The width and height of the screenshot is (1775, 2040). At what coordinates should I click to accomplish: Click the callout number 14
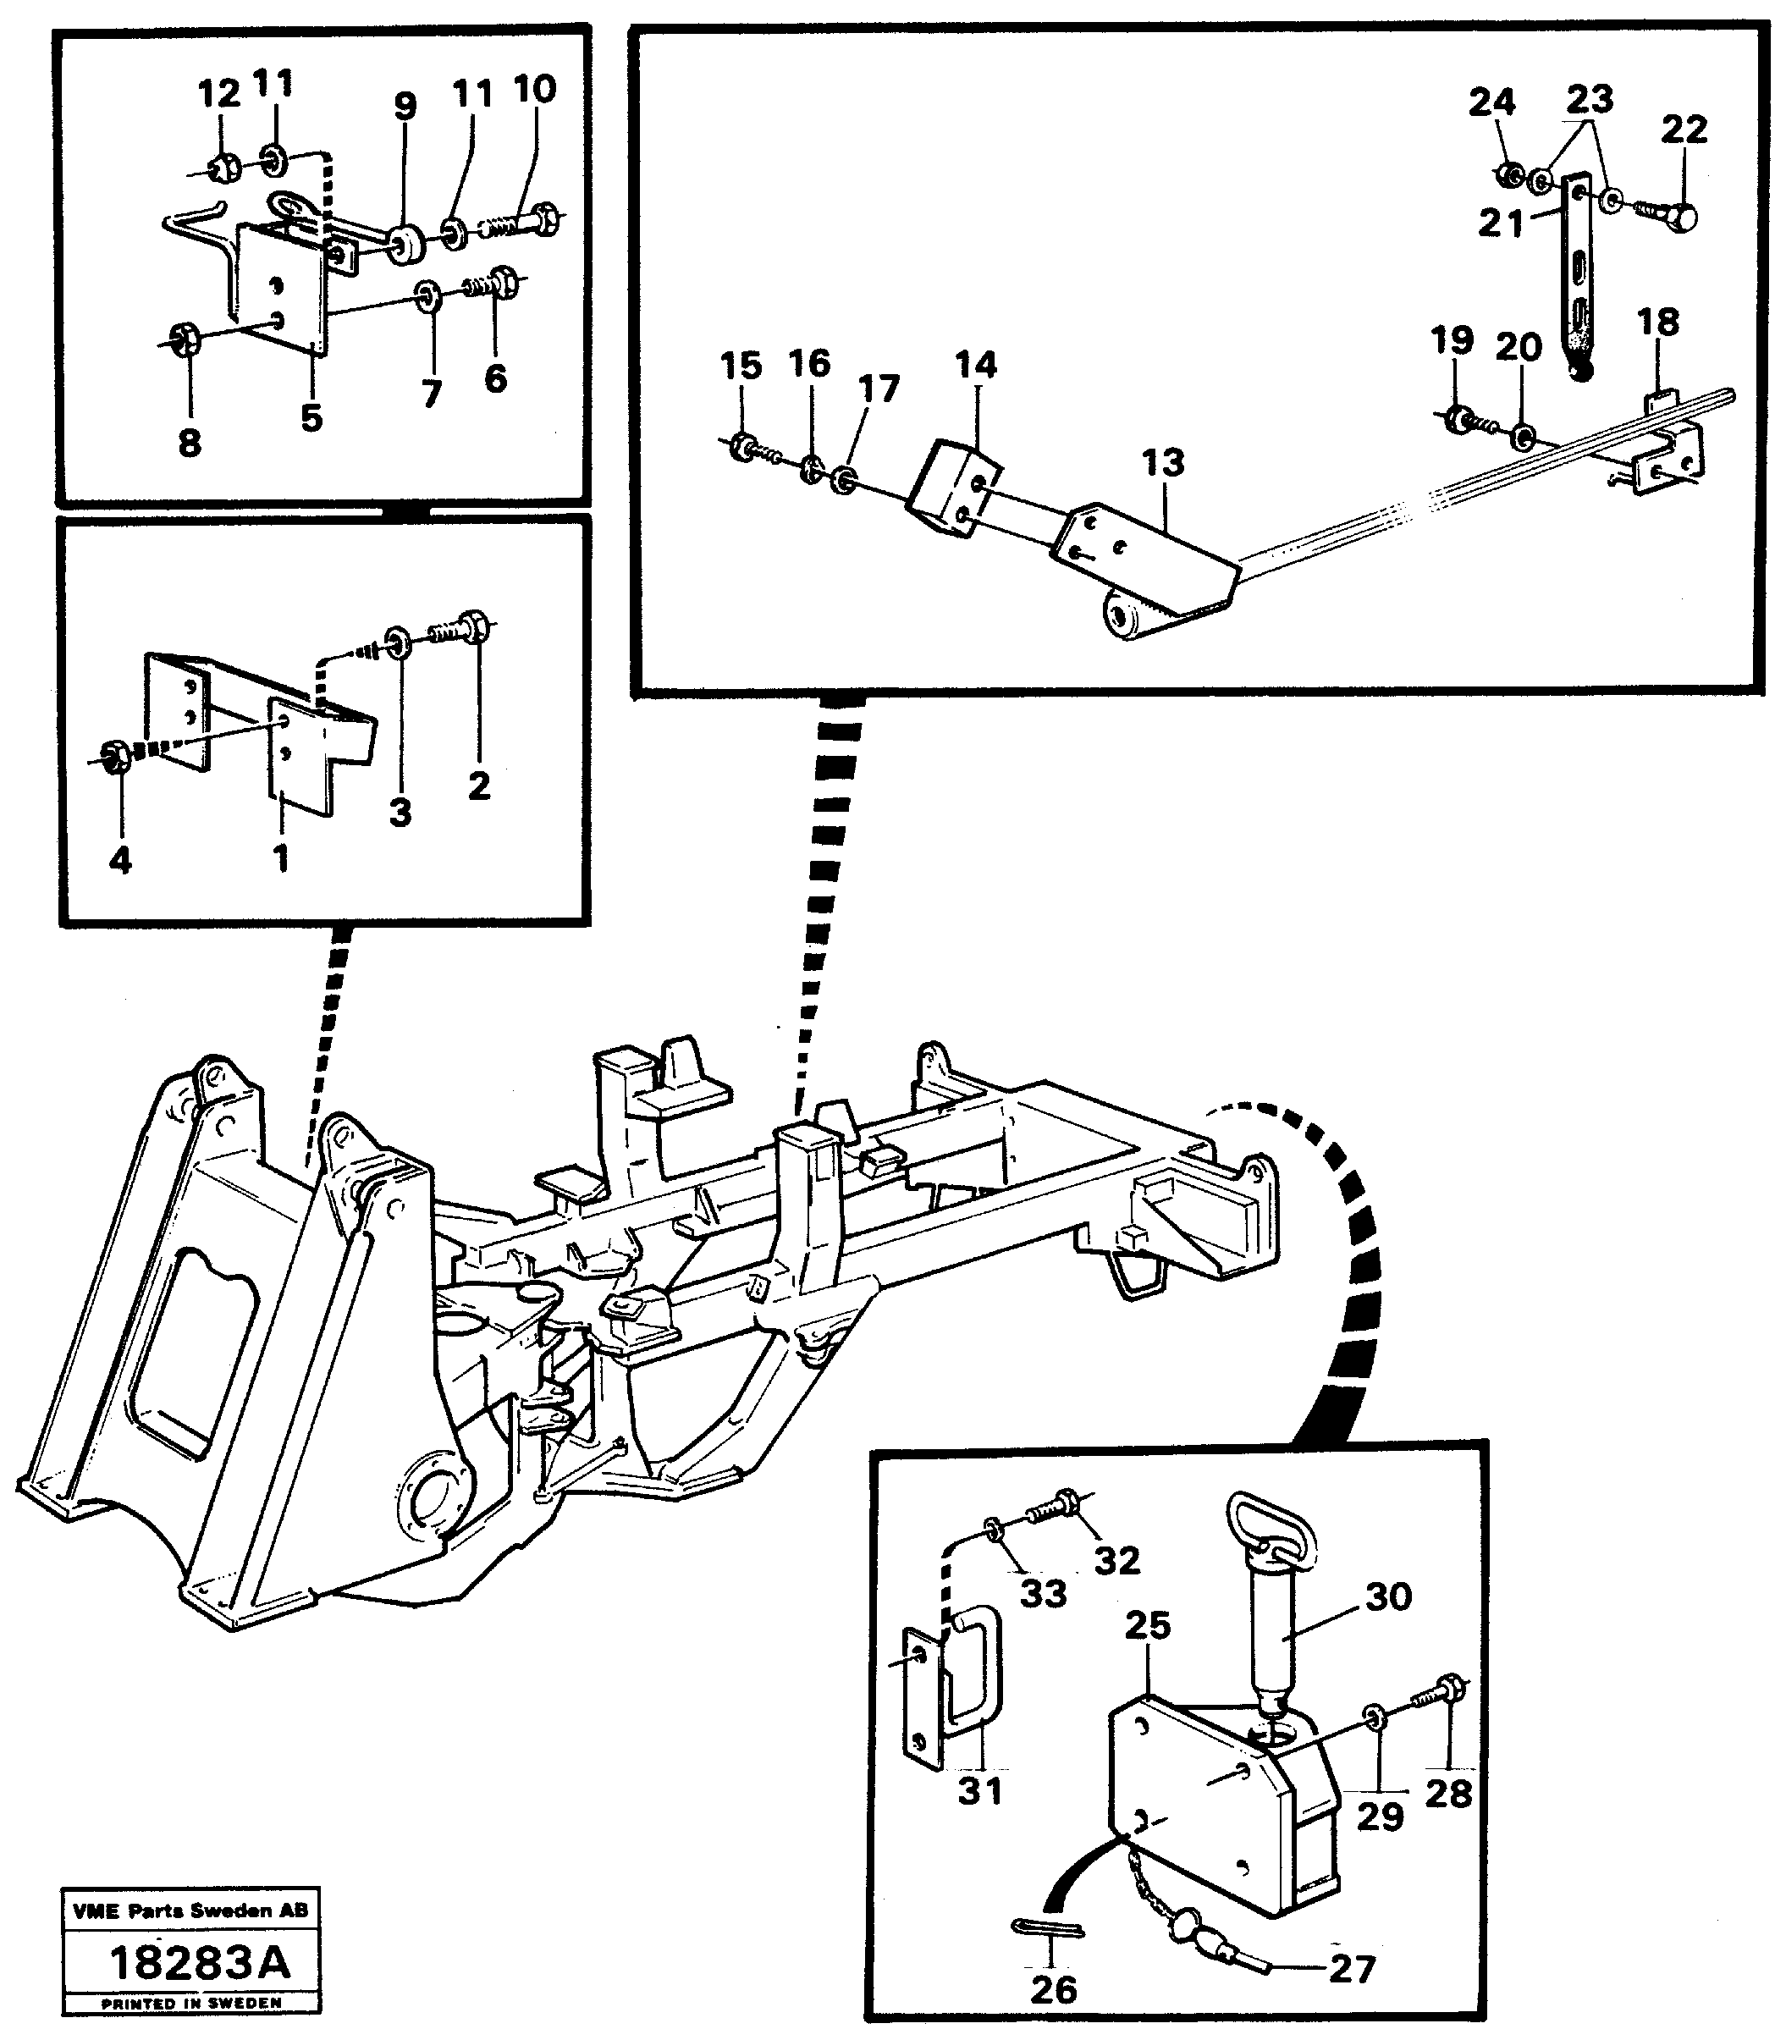click(x=976, y=366)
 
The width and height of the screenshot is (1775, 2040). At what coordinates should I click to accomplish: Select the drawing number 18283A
click(x=199, y=1962)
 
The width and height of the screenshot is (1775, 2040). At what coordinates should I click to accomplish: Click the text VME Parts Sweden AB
click(x=190, y=1910)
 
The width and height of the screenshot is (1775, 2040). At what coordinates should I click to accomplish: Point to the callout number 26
click(x=1053, y=1988)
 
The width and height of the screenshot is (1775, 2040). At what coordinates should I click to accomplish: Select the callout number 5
click(x=311, y=418)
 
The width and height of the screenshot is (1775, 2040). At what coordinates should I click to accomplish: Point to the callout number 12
click(x=219, y=94)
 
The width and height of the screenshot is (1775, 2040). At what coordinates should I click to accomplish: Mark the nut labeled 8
click(x=185, y=339)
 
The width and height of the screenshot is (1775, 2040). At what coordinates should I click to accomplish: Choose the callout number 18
click(x=1657, y=322)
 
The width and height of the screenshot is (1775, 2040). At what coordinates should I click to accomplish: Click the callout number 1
click(x=281, y=857)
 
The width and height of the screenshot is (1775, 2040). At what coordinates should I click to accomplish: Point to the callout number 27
click(x=1351, y=1969)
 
